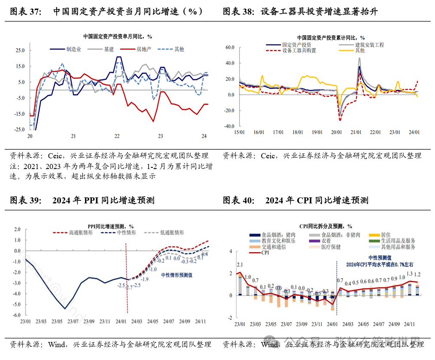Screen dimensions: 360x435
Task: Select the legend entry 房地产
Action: pyautogui.click(x=144, y=49)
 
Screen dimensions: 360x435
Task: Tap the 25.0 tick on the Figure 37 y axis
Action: pyautogui.click(x=20, y=50)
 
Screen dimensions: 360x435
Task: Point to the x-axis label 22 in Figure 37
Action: pyautogui.click(x=117, y=136)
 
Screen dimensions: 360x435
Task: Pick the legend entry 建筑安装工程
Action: pyautogui.click(x=369, y=45)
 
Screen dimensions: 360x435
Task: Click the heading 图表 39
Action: pyautogui.click(x=25, y=200)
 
